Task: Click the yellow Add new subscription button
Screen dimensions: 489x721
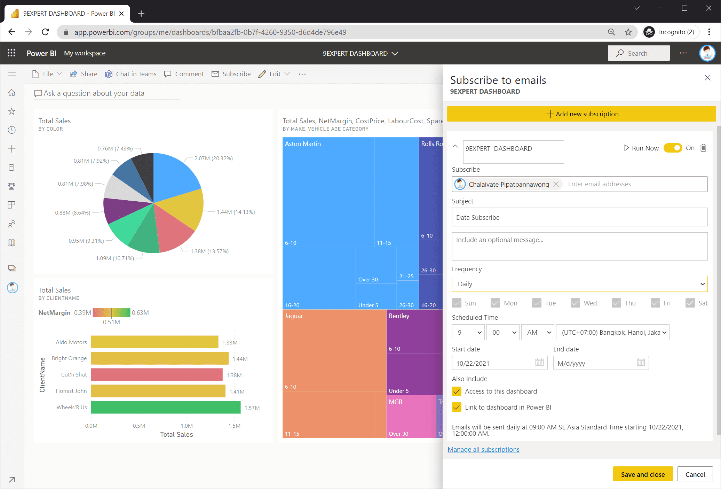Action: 581,114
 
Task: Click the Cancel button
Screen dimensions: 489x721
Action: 695,474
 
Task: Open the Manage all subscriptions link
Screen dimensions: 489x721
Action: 483,449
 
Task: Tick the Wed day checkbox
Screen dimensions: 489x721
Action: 575,303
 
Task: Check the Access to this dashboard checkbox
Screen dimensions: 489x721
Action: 457,391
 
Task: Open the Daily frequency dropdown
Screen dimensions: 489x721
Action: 579,284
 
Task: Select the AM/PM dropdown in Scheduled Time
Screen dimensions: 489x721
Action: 538,332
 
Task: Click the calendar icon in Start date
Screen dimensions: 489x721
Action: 539,363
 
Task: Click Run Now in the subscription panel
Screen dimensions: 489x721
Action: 641,148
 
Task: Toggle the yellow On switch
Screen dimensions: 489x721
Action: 673,148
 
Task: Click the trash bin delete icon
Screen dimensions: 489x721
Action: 703,148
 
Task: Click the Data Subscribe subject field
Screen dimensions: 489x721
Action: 579,217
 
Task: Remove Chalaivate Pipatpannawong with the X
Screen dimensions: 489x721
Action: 556,184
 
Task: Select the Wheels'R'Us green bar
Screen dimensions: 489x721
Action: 166,407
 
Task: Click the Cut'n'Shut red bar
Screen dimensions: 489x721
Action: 157,375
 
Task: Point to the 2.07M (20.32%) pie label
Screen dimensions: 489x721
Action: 213,158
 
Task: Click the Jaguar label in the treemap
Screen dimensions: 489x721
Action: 294,316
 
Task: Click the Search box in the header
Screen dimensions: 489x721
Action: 638,53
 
